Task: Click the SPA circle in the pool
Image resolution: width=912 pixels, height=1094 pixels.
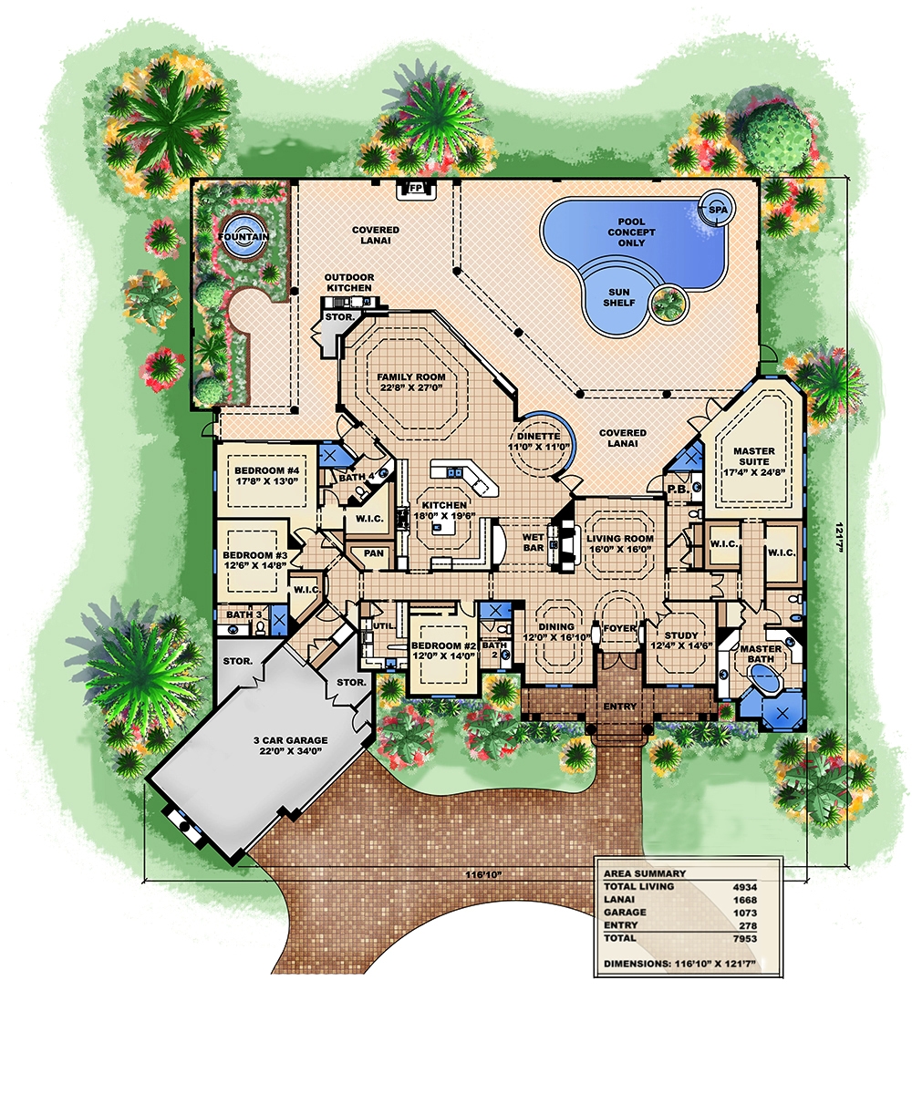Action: tap(713, 210)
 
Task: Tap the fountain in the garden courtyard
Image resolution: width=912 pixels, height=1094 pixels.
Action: tap(244, 236)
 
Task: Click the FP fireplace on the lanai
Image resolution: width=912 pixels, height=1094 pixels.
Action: tap(416, 189)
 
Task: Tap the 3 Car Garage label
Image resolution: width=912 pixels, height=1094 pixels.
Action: tap(293, 746)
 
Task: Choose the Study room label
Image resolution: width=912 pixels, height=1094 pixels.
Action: tap(680, 640)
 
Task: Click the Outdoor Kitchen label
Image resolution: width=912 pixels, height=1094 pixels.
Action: tap(351, 283)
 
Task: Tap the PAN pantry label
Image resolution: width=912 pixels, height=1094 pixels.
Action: tap(373, 552)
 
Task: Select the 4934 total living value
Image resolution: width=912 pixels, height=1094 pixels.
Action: tap(745, 886)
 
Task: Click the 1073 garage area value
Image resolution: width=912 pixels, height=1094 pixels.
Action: tap(745, 912)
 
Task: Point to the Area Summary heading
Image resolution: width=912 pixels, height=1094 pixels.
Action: tap(645, 872)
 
